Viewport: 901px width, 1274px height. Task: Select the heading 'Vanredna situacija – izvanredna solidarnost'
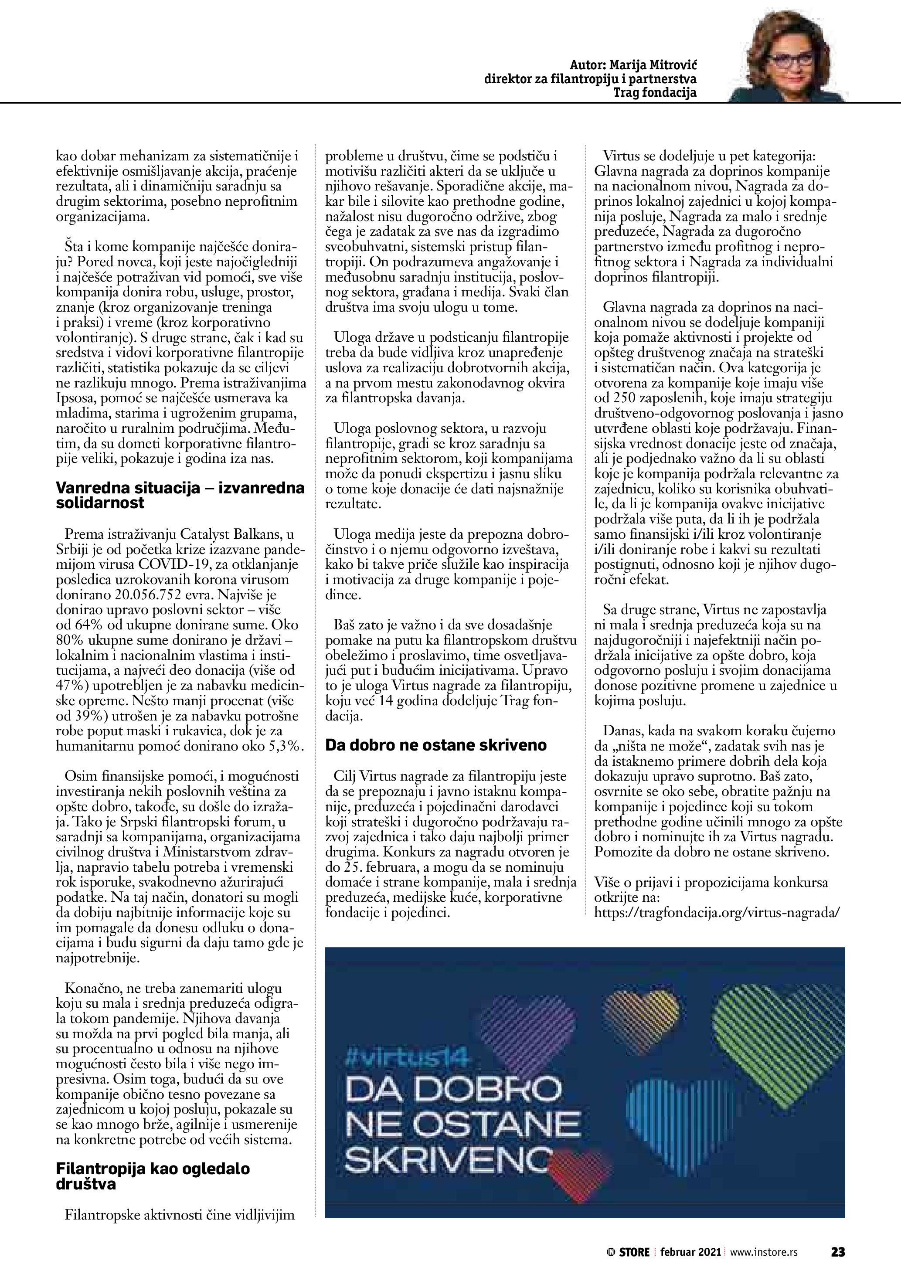[180, 495]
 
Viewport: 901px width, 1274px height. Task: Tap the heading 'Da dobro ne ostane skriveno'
[435, 744]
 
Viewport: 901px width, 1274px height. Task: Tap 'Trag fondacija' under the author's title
[654, 93]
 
